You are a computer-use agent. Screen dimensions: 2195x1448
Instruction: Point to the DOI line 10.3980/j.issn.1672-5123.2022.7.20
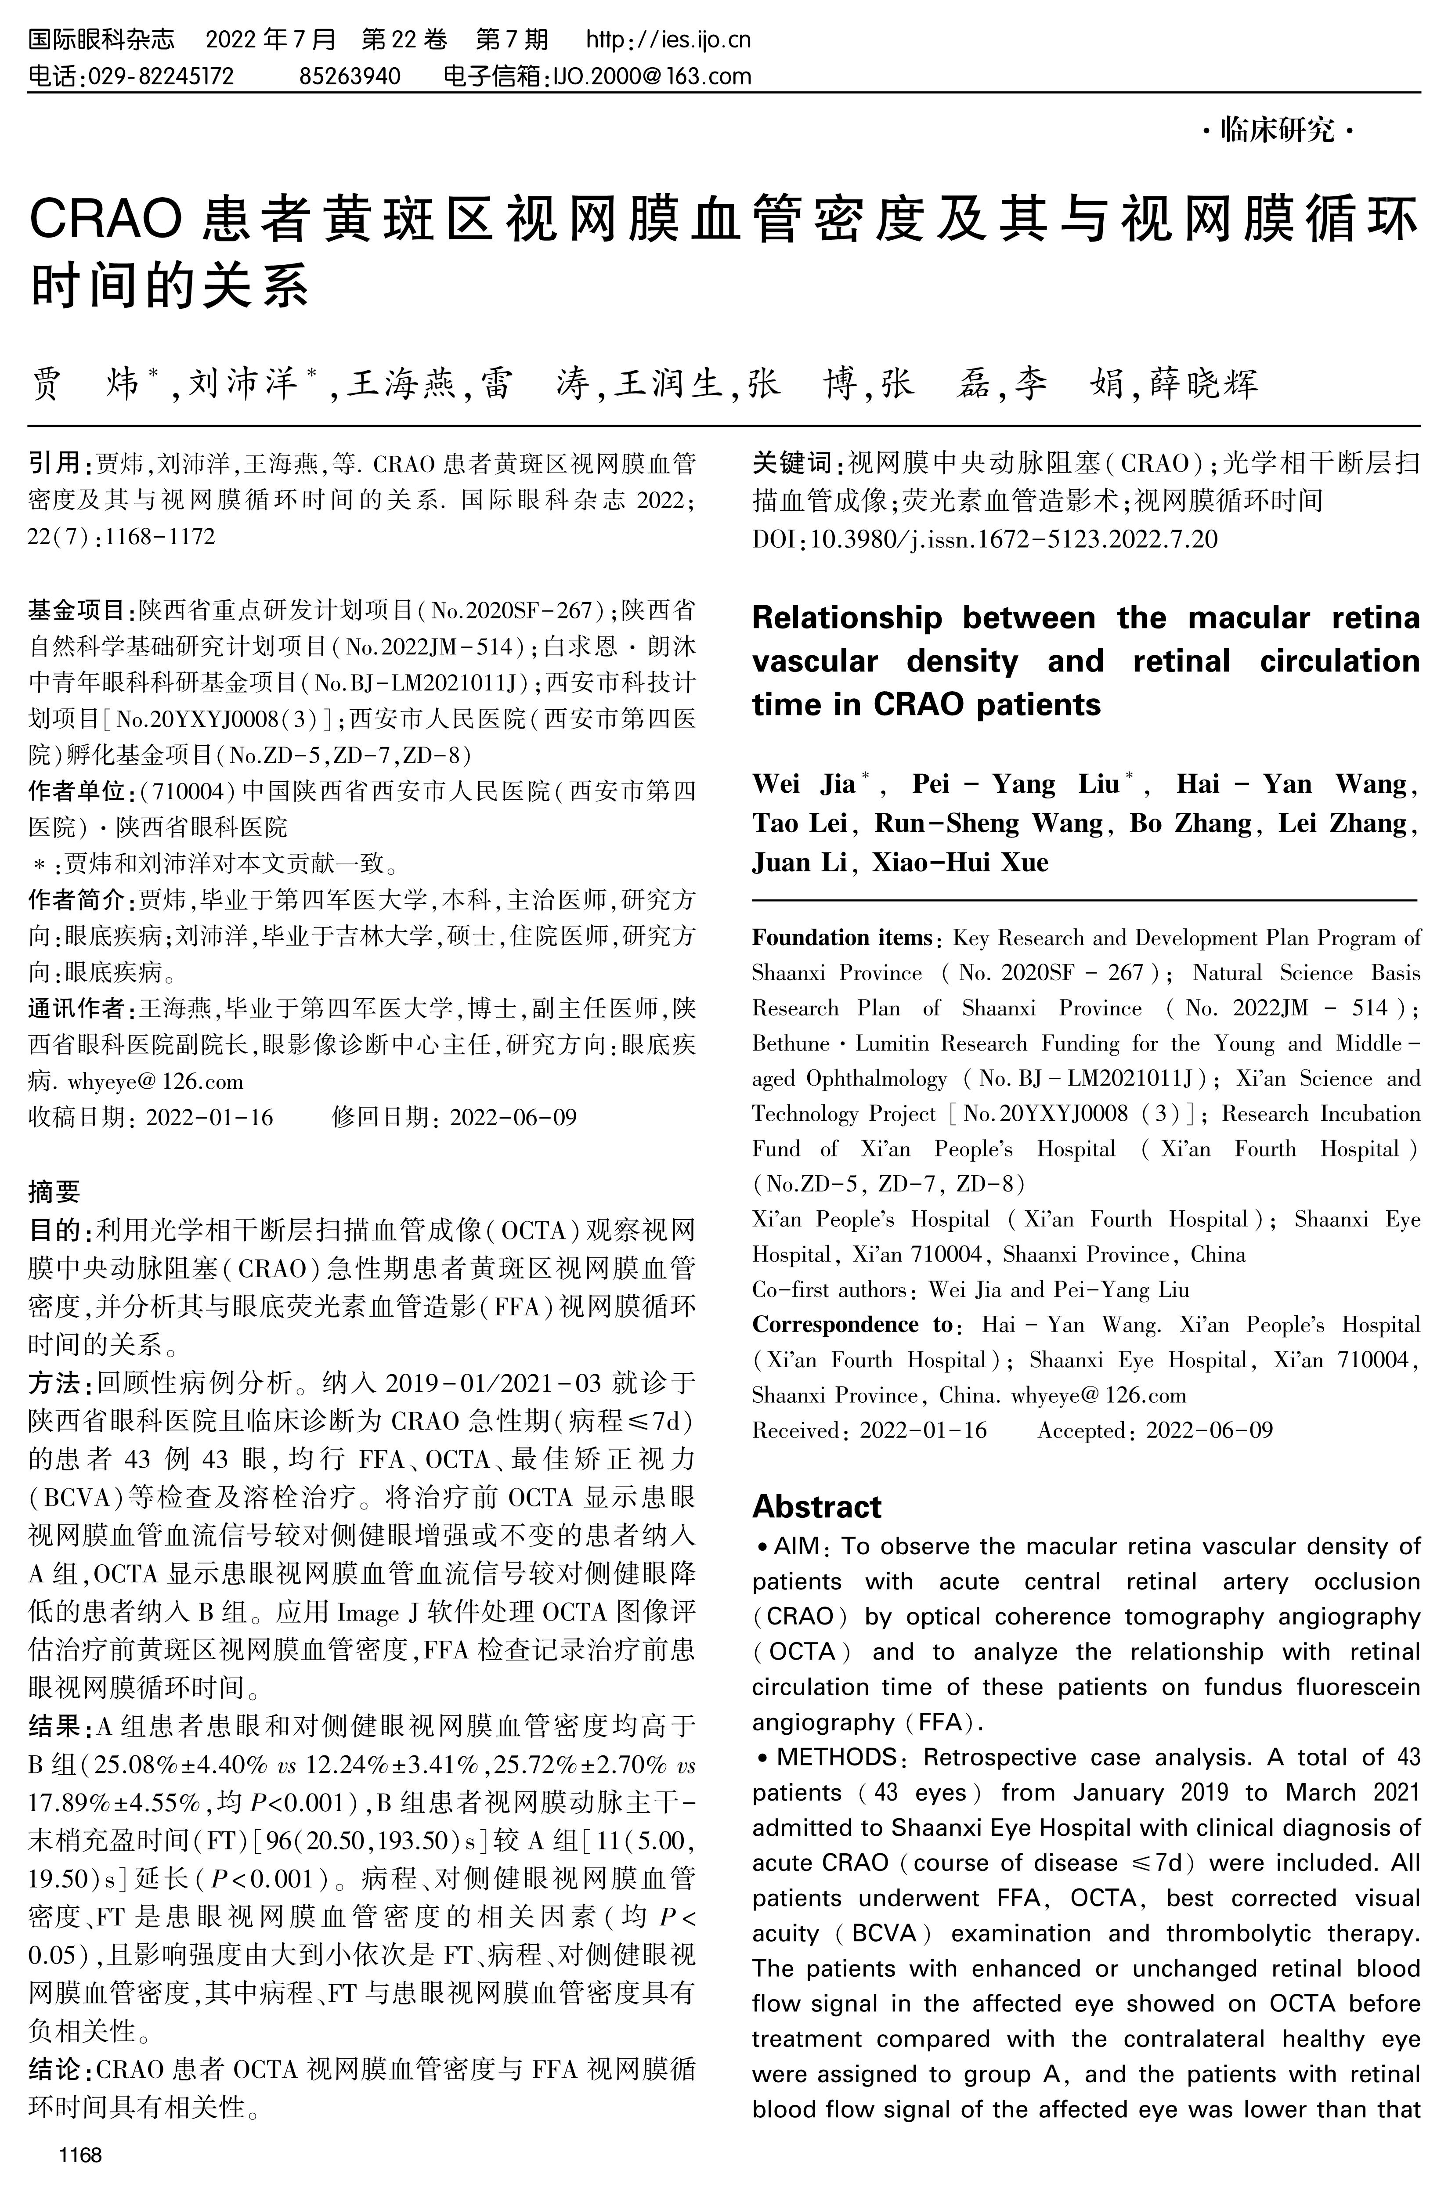1013,538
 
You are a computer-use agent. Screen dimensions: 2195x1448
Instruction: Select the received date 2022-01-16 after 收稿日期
209,1117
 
